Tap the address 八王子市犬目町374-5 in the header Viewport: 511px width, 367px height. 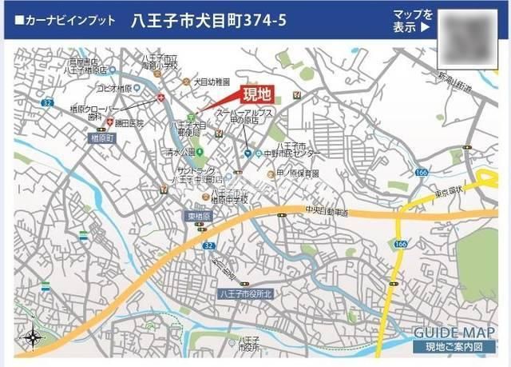point(208,22)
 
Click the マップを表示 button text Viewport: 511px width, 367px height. point(413,22)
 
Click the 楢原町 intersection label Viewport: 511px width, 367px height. point(103,138)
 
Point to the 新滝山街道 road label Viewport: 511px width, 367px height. point(454,81)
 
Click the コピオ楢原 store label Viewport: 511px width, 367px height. point(113,89)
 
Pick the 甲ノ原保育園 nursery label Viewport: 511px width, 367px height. point(298,174)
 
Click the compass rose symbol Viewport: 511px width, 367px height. point(31,338)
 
